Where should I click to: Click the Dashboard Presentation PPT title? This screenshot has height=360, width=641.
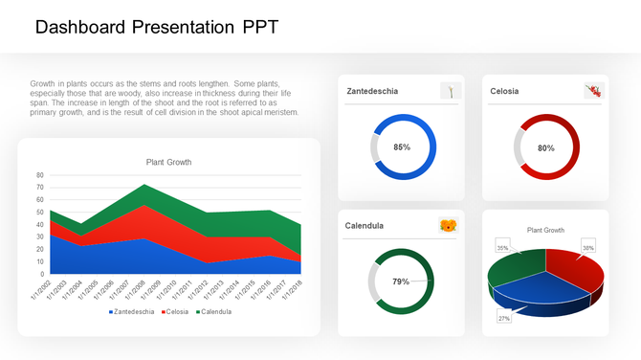[157, 28]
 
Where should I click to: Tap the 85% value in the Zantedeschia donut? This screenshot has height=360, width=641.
[402, 147]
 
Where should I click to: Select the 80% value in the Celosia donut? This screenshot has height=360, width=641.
[546, 148]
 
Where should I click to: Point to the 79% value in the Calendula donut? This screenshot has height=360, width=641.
[401, 281]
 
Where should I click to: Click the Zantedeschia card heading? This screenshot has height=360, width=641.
[372, 92]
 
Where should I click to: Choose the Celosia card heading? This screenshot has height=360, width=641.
[504, 92]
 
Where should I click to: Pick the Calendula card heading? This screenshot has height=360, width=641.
[365, 226]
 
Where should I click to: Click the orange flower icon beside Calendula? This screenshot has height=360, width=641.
[448, 226]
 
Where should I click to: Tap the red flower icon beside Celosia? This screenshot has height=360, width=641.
[593, 91]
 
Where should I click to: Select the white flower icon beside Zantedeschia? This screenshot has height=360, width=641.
[451, 91]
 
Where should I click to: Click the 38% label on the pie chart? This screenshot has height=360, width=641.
[588, 248]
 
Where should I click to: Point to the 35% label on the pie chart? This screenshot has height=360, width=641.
[502, 248]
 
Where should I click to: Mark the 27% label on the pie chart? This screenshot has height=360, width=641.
[504, 318]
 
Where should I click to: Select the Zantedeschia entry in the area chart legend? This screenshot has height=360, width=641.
[133, 311]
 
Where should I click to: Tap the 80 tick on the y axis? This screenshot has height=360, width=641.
[39, 175]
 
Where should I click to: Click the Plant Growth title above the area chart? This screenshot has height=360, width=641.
[168, 162]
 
